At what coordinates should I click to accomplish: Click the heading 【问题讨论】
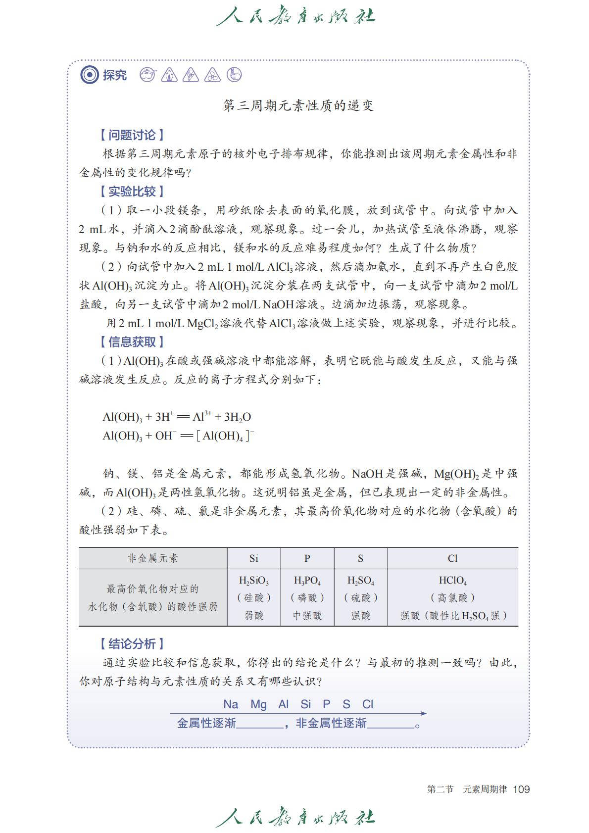[x=132, y=135]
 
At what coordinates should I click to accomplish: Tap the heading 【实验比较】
[x=132, y=192]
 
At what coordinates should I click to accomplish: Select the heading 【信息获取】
[x=132, y=342]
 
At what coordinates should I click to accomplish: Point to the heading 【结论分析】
[x=132, y=643]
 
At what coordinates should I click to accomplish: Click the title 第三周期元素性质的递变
[x=298, y=105]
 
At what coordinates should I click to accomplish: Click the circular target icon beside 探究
[x=90, y=75]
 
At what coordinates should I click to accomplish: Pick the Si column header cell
[x=254, y=558]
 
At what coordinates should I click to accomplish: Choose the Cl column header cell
[x=452, y=558]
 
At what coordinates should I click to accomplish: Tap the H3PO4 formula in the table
[x=307, y=581]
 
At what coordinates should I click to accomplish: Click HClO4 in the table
[x=452, y=581]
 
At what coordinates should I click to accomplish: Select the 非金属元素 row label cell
[x=152, y=558]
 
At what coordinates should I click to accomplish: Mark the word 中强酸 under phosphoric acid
[x=307, y=616]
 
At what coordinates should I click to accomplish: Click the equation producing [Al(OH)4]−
[x=178, y=436]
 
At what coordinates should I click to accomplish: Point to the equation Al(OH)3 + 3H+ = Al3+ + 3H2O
[x=177, y=417]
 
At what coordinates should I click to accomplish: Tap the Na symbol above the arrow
[x=231, y=704]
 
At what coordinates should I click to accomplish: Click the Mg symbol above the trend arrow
[x=258, y=704]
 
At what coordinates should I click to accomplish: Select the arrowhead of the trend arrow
[x=423, y=713]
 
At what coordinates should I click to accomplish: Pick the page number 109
[x=521, y=789]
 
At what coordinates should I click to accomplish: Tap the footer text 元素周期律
[x=485, y=789]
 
